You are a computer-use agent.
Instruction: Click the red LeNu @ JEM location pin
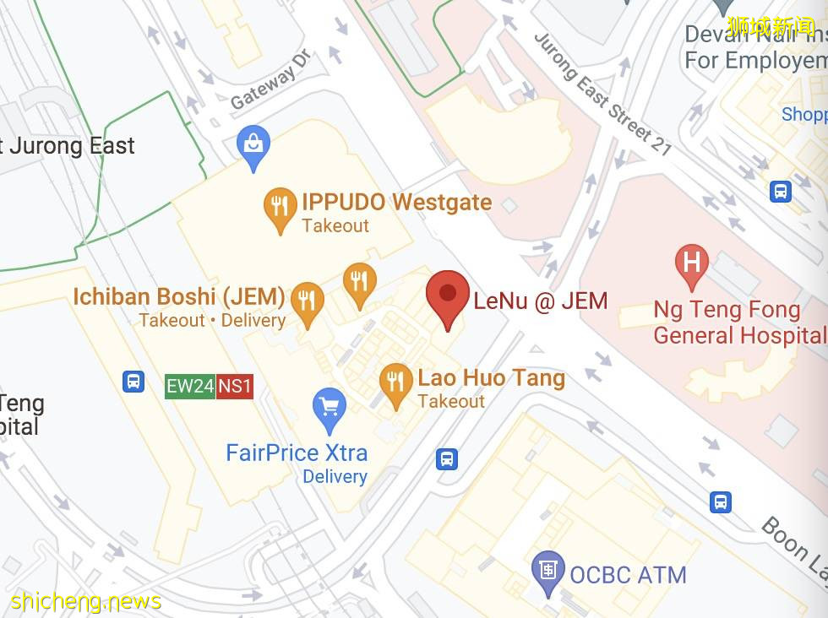point(448,295)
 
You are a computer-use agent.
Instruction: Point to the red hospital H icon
point(692,263)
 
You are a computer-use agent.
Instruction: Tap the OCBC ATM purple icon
point(548,571)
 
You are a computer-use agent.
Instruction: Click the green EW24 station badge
point(190,387)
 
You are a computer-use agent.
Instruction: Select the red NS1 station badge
point(235,387)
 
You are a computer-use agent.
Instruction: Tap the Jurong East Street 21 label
point(602,94)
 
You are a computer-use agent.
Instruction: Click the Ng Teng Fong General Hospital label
point(739,323)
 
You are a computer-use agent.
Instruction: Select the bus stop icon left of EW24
point(133,382)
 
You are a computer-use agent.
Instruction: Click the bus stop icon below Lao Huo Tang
point(447,459)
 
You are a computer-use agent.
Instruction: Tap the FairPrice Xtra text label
point(297,453)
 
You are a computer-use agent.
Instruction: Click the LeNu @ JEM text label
point(540,300)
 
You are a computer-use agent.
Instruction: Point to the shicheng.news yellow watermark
point(86,601)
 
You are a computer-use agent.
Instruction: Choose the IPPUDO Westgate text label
point(396,203)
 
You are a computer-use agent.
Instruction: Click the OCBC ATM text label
point(628,575)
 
